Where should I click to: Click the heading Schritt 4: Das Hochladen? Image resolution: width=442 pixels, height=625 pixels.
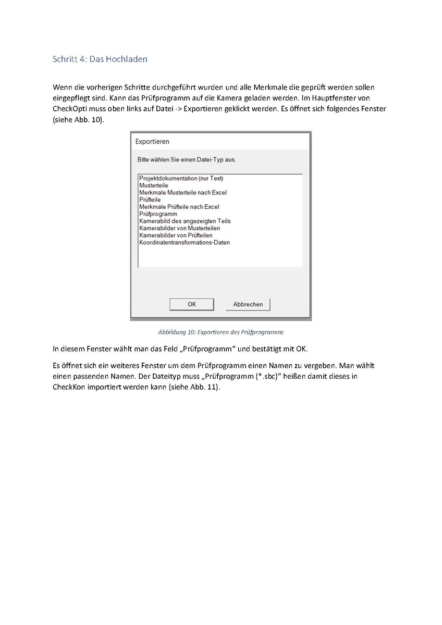pyautogui.click(x=100, y=59)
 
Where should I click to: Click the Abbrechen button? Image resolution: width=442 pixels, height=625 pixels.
pyautogui.click(x=248, y=304)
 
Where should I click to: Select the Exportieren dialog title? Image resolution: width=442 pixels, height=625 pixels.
pyautogui.click(x=152, y=141)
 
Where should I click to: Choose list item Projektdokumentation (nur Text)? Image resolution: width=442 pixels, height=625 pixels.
pyautogui.click(x=181, y=178)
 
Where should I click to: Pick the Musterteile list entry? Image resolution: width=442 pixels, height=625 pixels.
pyautogui.click(x=154, y=185)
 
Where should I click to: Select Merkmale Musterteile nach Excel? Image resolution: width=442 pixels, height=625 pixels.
pyautogui.click(x=183, y=193)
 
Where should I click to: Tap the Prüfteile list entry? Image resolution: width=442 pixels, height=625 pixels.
pyautogui.click(x=150, y=199)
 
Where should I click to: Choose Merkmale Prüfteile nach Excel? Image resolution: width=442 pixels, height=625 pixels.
pyautogui.click(x=179, y=207)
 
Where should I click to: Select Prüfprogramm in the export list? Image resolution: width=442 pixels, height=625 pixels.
pyautogui.click(x=158, y=214)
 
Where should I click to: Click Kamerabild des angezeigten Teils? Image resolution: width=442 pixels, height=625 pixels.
pyautogui.click(x=185, y=221)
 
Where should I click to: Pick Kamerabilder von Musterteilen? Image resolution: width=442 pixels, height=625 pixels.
pyautogui.click(x=179, y=228)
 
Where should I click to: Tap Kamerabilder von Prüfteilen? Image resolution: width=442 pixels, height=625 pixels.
pyautogui.click(x=176, y=235)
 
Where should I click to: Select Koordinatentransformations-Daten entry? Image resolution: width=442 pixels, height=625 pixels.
pyautogui.click(x=185, y=243)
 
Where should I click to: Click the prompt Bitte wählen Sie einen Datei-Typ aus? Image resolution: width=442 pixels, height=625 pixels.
pyautogui.click(x=186, y=159)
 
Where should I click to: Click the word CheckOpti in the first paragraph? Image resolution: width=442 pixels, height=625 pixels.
pyautogui.click(x=69, y=109)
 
